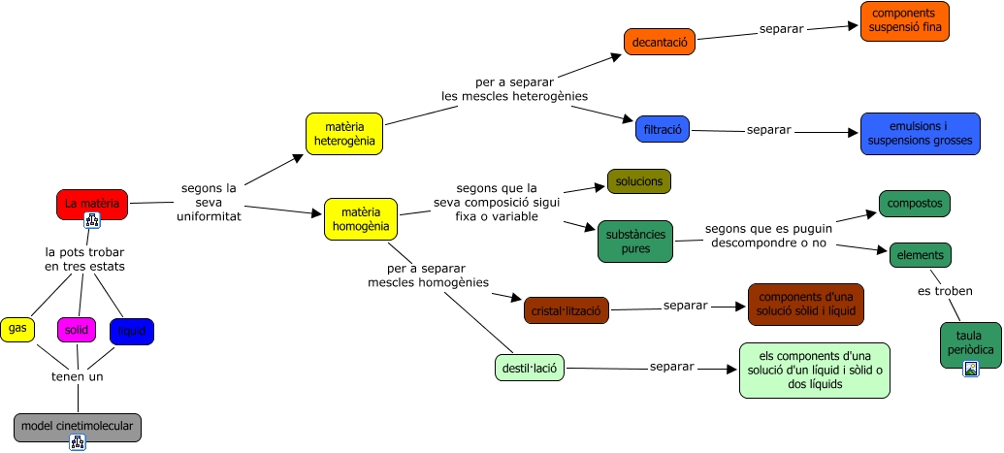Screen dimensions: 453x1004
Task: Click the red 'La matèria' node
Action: (x=92, y=204)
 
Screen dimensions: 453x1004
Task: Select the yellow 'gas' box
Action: (x=17, y=329)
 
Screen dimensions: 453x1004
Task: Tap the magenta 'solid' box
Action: (x=77, y=331)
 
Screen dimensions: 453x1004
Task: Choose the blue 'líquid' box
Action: (x=131, y=332)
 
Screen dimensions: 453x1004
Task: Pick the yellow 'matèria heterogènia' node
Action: (x=344, y=134)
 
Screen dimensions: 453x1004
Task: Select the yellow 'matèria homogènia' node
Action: (x=361, y=219)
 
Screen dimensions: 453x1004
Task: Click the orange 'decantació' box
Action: (x=660, y=42)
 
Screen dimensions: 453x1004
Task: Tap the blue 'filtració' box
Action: (x=663, y=129)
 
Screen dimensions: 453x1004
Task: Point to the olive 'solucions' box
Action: (x=638, y=181)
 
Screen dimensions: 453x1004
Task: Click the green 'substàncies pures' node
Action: (x=635, y=242)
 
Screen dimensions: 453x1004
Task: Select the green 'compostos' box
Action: (x=914, y=204)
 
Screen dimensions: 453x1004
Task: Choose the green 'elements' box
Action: (x=920, y=255)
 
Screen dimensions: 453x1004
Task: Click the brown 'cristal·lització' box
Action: (x=566, y=310)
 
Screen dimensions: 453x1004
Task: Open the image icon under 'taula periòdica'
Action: (x=970, y=368)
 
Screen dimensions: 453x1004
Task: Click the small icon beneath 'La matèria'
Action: (x=92, y=220)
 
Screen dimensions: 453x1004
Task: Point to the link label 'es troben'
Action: (x=945, y=291)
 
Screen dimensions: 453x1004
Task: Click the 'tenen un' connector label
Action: (x=78, y=376)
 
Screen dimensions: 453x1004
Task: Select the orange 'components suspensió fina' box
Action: (x=904, y=21)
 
